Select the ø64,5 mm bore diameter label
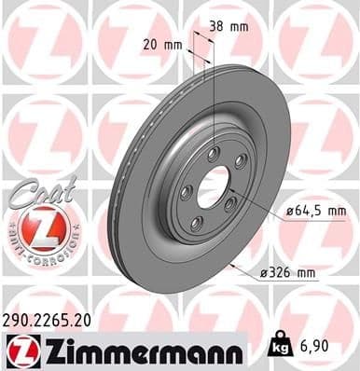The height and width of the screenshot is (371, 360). [315, 213]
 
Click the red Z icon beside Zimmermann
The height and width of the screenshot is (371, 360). [19, 350]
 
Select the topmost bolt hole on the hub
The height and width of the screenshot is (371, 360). [214, 151]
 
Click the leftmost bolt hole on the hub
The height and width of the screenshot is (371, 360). [185, 191]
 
